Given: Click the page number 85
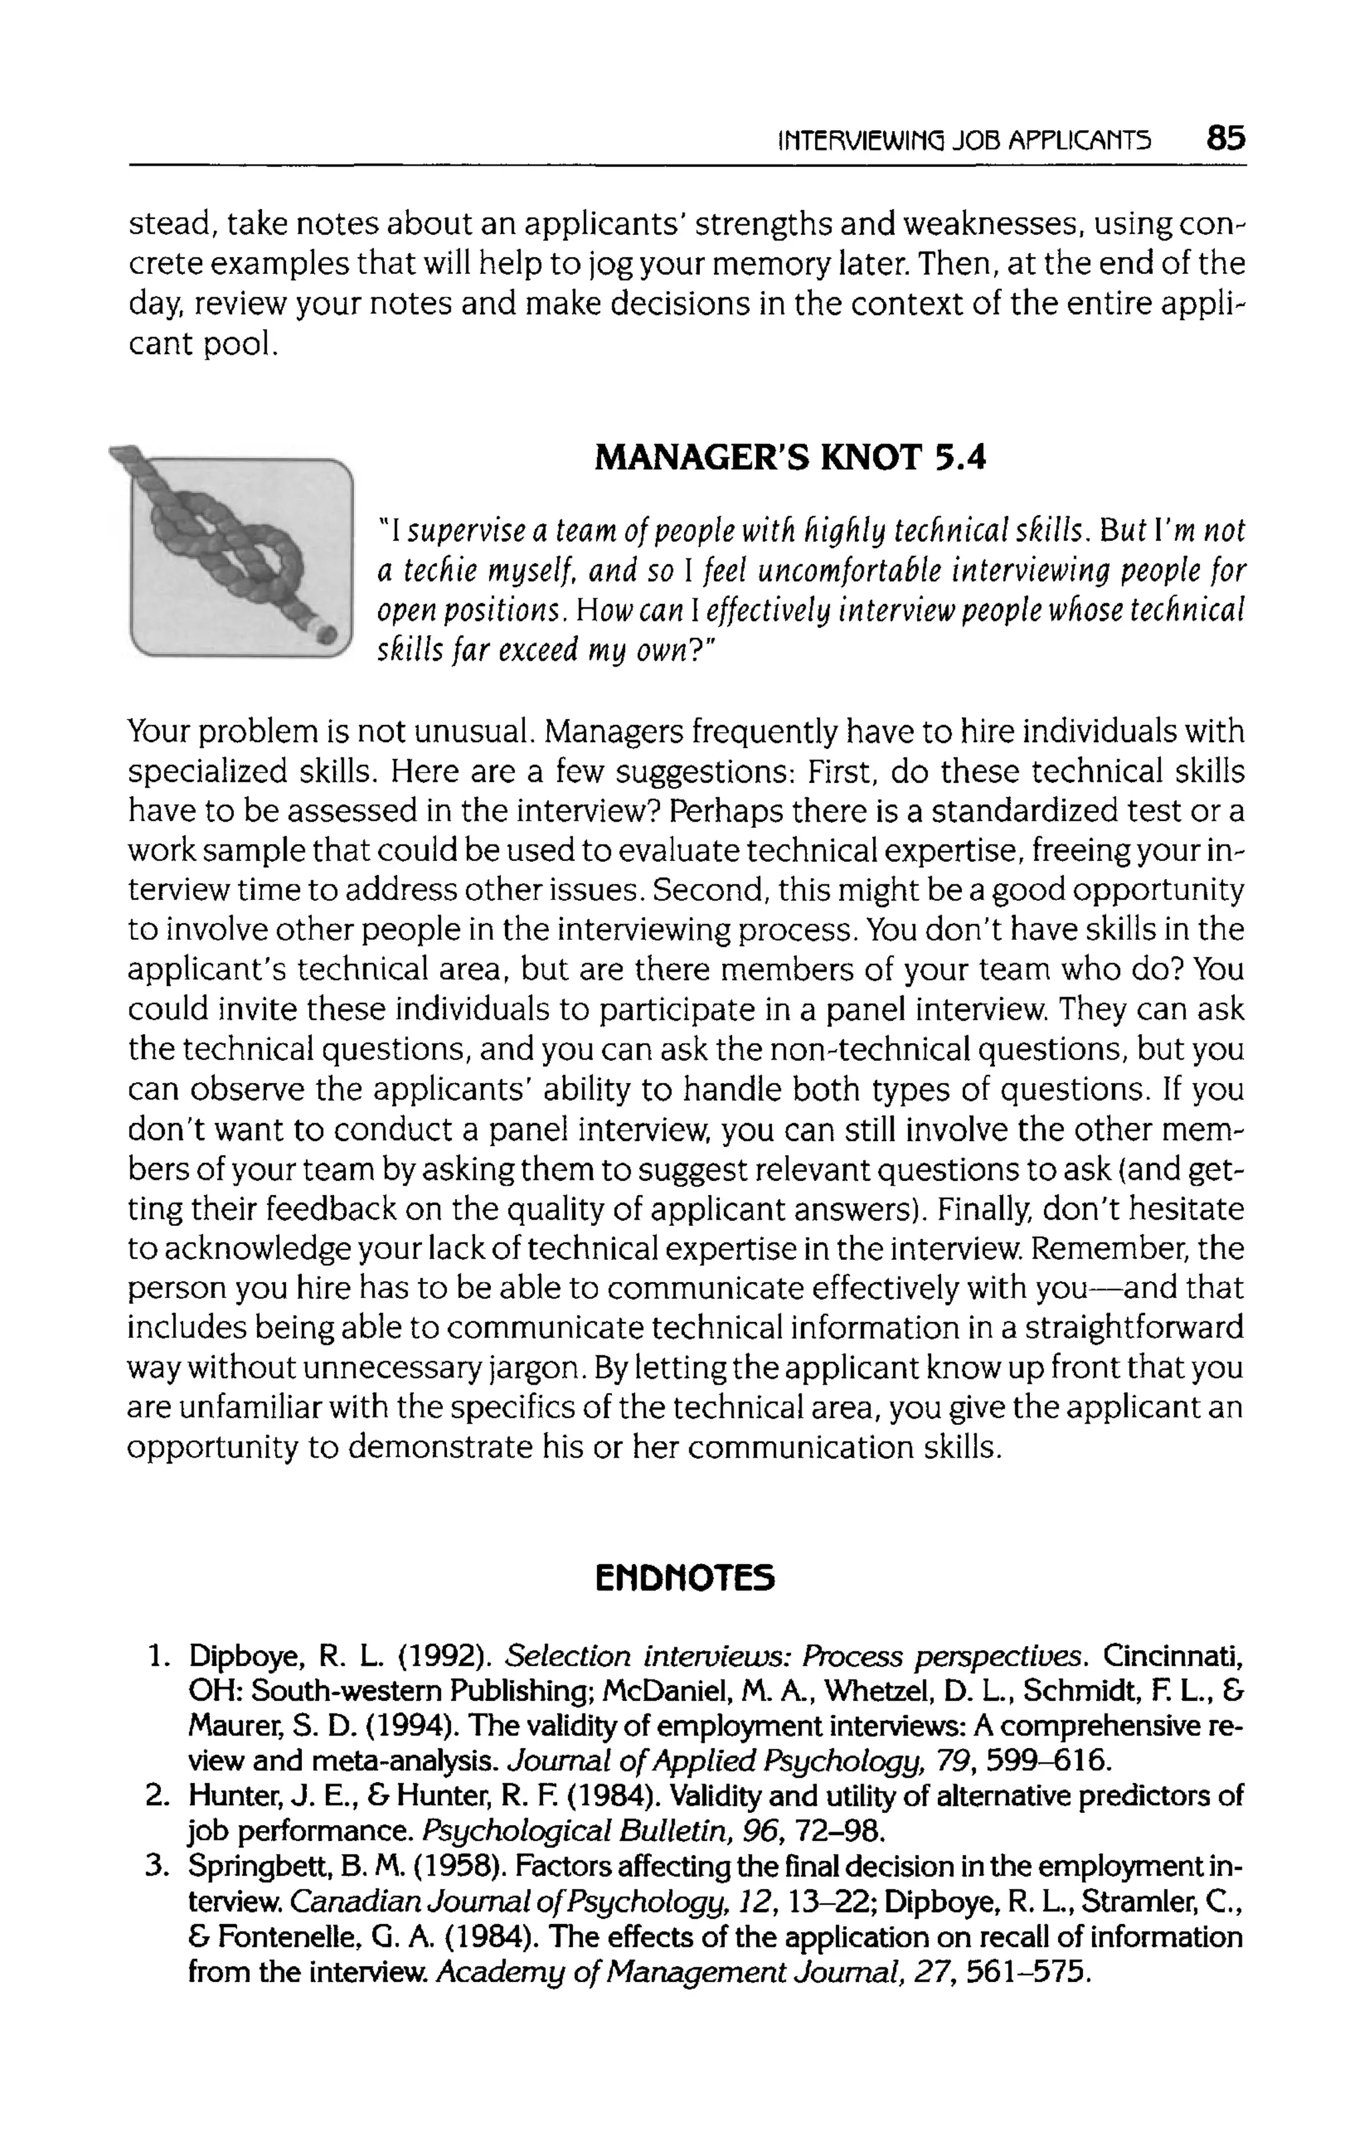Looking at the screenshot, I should pos(1225,138).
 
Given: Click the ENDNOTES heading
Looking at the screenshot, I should pos(685,1579).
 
